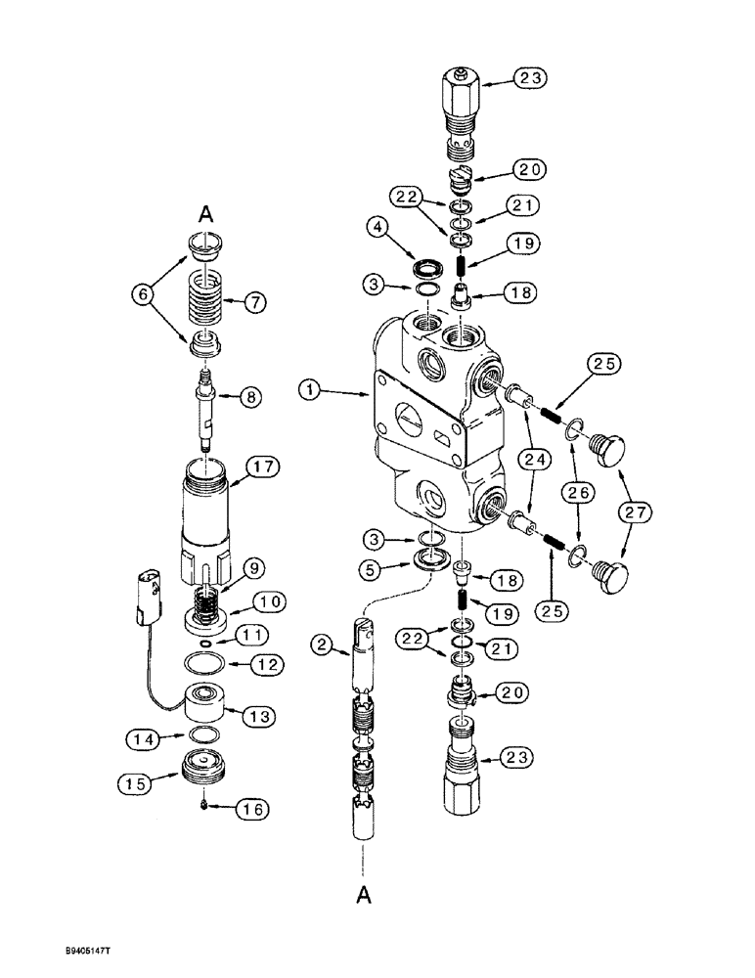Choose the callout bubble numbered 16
point(252,810)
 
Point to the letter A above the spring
point(206,211)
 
